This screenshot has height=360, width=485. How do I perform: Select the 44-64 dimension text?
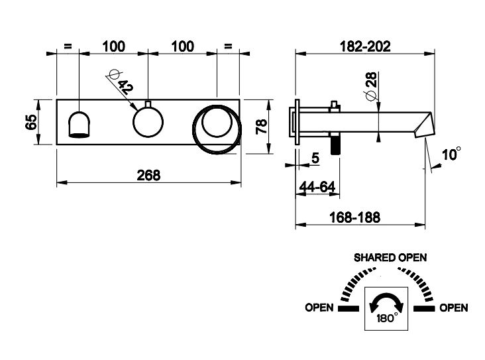coord(316,188)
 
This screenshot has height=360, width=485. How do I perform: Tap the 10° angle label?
coord(451,154)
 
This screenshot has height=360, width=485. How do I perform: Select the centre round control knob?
coord(148,122)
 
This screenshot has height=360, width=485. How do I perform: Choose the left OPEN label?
coord(319,308)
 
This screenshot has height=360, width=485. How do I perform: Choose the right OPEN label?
coord(453,308)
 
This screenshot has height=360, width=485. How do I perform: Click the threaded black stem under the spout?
coord(336,143)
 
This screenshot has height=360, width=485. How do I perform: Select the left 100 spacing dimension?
coord(113,46)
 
